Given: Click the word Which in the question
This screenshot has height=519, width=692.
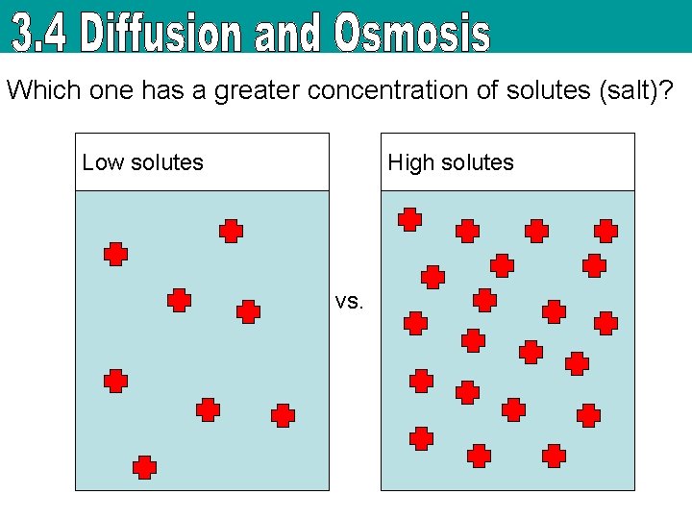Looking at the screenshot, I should [x=43, y=91].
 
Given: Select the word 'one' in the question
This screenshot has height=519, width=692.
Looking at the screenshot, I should [x=110, y=91].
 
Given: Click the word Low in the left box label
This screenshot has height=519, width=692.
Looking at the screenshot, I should [x=103, y=162].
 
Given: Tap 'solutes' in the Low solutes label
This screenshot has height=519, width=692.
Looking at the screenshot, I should [x=167, y=162].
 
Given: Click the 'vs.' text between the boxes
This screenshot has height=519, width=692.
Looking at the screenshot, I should [x=350, y=301].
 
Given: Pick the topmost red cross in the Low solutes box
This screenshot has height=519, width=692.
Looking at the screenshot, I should [x=231, y=231].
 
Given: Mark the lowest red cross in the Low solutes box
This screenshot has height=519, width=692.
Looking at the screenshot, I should [x=144, y=467].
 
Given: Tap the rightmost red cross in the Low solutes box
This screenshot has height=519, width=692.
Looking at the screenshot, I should [x=283, y=415].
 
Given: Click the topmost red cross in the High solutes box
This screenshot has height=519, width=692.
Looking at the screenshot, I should [x=410, y=219].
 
